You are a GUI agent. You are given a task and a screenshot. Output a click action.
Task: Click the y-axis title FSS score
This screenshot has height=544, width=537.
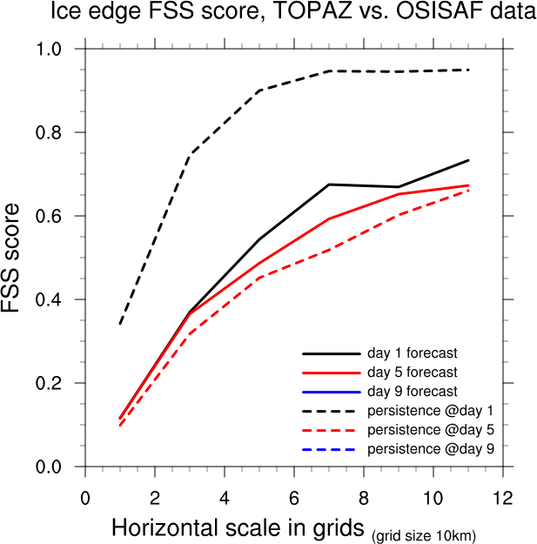point(17,259)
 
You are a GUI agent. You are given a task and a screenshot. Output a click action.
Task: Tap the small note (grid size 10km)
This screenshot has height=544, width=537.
point(424,534)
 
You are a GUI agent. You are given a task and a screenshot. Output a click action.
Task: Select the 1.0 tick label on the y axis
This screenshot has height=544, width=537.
point(56,49)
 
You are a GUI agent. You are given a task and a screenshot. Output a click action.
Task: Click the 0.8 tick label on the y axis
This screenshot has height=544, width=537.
point(56,132)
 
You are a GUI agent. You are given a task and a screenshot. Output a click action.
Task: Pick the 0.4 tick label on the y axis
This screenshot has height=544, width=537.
point(56,299)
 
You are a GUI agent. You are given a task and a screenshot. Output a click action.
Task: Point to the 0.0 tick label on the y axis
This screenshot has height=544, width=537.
point(56,467)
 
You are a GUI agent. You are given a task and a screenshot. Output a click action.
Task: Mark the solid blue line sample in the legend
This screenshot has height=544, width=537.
point(331,392)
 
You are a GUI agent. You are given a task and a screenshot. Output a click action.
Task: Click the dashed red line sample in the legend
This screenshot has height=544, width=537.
point(331,429)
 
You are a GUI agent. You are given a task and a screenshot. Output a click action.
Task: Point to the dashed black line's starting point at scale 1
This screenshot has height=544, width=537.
point(120,325)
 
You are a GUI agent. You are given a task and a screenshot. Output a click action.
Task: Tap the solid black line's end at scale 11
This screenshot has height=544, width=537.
point(469,160)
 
